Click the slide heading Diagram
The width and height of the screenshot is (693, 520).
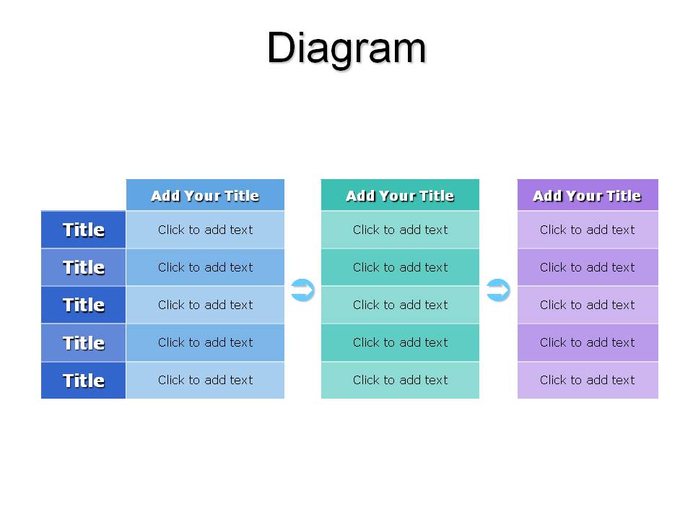(346, 48)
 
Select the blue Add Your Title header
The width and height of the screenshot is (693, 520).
(205, 195)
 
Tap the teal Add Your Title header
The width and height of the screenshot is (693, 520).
(400, 195)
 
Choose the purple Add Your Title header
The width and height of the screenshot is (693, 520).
(588, 195)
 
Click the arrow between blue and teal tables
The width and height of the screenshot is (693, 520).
(302, 290)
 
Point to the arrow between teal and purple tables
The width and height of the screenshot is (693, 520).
(498, 290)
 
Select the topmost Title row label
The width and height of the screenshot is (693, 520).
(84, 230)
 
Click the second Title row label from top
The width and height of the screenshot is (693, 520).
(84, 267)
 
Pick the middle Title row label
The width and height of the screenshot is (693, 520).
(84, 305)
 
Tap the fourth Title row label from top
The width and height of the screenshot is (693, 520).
(84, 342)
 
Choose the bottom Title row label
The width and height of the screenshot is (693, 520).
(84, 381)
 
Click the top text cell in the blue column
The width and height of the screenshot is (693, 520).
(205, 230)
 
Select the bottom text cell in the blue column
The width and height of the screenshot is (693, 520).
(205, 381)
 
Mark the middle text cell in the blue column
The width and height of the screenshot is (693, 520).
(205, 305)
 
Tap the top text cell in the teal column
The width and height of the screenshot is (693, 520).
(400, 230)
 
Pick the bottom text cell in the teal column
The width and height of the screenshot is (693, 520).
(400, 381)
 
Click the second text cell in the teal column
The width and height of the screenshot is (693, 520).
(400, 267)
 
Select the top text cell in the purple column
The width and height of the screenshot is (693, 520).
(588, 230)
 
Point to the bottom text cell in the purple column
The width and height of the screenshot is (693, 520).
(588, 381)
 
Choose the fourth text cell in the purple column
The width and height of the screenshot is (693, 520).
(588, 342)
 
